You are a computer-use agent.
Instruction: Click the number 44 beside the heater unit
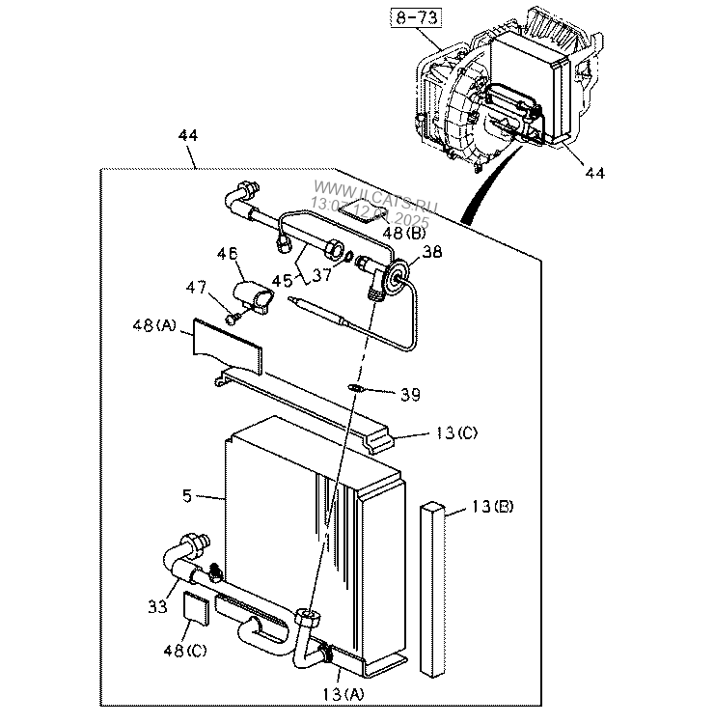coord(595,173)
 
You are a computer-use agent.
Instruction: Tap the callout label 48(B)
coord(404,233)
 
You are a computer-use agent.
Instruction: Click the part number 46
coord(227,253)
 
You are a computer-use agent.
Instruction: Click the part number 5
coord(186,497)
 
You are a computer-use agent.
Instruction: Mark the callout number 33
coord(157,606)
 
